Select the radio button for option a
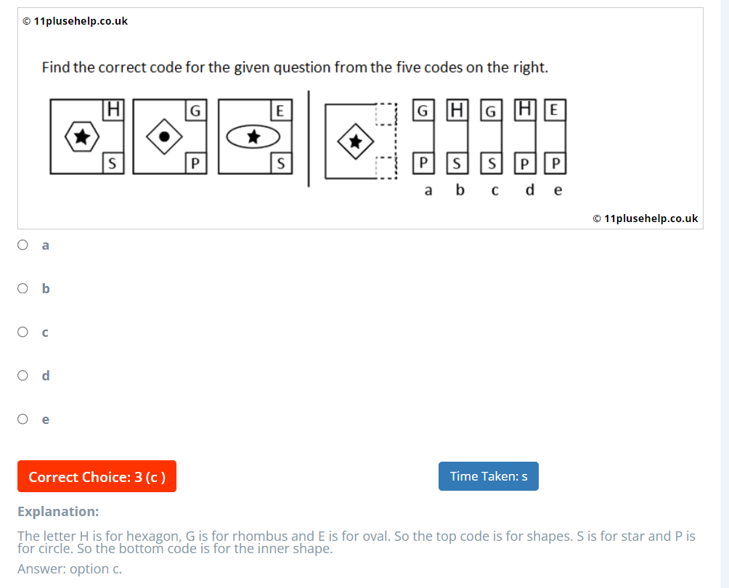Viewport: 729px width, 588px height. click(x=23, y=245)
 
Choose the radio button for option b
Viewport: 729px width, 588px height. click(x=23, y=289)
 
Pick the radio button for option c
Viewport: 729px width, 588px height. click(x=23, y=332)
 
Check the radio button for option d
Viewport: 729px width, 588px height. click(x=23, y=375)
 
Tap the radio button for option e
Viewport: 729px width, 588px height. click(x=23, y=419)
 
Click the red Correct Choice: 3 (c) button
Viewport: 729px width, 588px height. click(x=97, y=477)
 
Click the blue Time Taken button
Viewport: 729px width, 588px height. click(x=488, y=476)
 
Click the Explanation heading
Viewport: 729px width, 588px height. click(x=58, y=511)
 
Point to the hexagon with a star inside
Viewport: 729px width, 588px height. click(x=82, y=136)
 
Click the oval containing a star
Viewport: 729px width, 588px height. click(x=253, y=136)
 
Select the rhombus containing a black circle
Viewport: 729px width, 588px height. click(x=166, y=136)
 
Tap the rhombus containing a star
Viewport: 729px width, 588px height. click(x=355, y=141)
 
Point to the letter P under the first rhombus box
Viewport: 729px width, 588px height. click(x=195, y=163)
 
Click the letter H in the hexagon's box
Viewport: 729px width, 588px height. click(x=113, y=109)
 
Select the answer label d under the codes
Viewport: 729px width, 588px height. click(x=530, y=190)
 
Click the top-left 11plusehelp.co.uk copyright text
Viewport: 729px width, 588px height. click(x=75, y=21)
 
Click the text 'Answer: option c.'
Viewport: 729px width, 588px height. click(x=70, y=569)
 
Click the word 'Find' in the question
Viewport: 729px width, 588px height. click(x=56, y=68)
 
